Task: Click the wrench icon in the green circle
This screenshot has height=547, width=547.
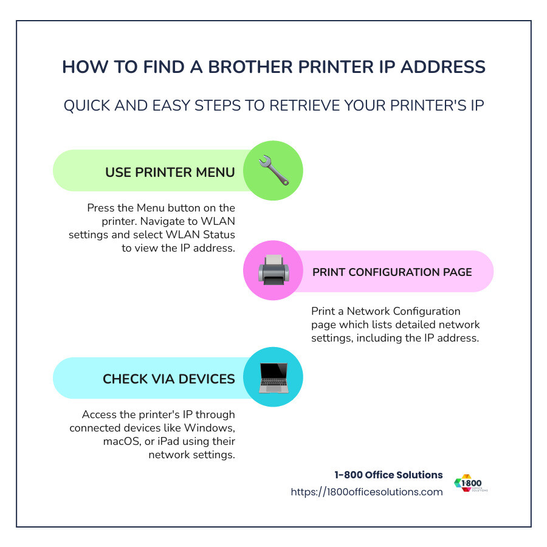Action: click(x=273, y=171)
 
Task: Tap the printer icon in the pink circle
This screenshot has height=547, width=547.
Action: click(x=273, y=271)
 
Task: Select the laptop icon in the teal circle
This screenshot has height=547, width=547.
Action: click(x=273, y=377)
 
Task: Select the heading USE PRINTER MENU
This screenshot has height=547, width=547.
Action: click(x=170, y=172)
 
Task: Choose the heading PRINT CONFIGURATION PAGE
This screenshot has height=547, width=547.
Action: click(x=392, y=272)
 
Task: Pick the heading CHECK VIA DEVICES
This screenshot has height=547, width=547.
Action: click(x=168, y=379)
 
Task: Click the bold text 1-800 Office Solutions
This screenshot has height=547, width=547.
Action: click(x=388, y=475)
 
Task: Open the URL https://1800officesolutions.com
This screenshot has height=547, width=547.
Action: click(x=366, y=492)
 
